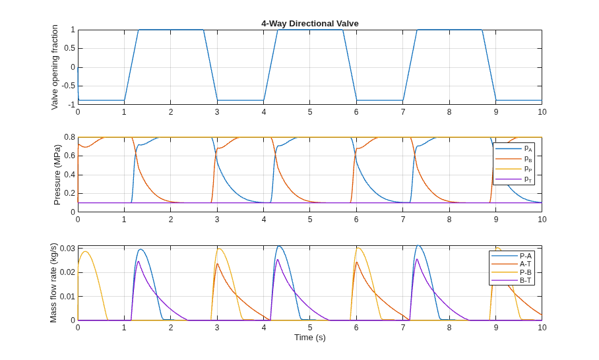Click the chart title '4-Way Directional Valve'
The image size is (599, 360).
(310, 24)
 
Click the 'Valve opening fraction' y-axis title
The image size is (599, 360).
(55, 67)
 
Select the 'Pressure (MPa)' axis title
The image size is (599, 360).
(57, 175)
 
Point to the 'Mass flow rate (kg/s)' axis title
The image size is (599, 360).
(53, 283)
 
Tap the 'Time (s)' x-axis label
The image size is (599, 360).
(310, 338)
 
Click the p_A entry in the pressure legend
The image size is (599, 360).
(513, 148)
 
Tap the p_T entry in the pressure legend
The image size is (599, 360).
(513, 179)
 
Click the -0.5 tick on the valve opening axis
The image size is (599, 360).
(69, 86)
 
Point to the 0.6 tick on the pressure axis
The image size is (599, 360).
(70, 156)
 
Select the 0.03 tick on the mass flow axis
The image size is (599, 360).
(68, 249)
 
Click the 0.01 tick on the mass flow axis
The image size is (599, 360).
(68, 297)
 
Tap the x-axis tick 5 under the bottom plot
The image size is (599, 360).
(310, 328)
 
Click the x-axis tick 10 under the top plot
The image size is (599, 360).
(542, 112)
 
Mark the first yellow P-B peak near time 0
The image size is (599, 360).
(86, 251)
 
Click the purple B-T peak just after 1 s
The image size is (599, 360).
(138, 262)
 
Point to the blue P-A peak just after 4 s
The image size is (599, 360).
(279, 246)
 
